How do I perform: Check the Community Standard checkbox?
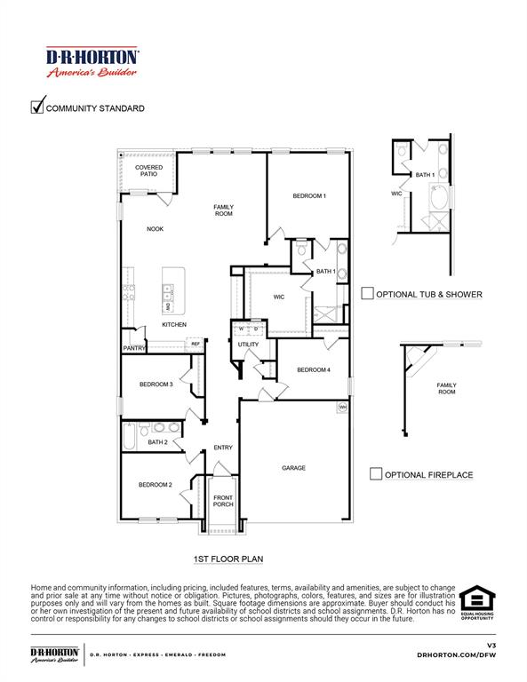point(37,107)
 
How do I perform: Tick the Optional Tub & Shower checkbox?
point(367,294)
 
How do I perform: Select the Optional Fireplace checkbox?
point(376,474)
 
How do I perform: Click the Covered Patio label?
point(148,170)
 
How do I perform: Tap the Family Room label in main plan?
point(223,210)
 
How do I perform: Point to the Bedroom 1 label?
point(309,195)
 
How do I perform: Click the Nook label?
point(155,229)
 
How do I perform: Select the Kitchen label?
point(173,325)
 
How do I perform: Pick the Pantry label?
point(133,349)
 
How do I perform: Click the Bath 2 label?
point(157,441)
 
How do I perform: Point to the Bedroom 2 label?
point(155,485)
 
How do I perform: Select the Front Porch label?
point(222,501)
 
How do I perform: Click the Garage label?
point(293,468)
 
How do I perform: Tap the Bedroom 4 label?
point(314,369)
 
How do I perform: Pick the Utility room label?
point(248,344)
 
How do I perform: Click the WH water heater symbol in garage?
point(341,408)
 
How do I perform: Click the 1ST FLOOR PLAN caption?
point(228,559)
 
